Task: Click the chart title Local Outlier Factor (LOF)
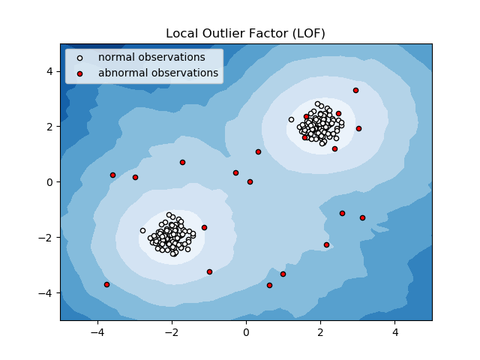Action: [245, 34]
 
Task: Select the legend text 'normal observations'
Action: [151, 57]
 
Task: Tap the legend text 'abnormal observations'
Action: [158, 73]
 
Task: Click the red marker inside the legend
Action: [80, 73]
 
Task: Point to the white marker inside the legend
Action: [80, 58]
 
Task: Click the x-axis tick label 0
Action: [246, 332]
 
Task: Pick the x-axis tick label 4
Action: [394, 332]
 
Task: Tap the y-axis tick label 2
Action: [49, 126]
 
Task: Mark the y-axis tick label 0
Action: [49, 181]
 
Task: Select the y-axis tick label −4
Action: [46, 292]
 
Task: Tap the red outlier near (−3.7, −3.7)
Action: [106, 284]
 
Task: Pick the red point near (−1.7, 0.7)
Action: [182, 162]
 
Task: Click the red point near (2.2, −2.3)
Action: [326, 244]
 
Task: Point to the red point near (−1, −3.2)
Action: [209, 271]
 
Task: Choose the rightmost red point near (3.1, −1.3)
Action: [362, 217]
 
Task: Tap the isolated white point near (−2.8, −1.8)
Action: [142, 230]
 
